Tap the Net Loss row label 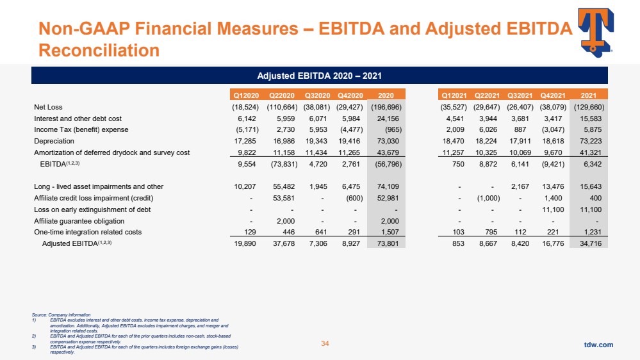tap(49, 107)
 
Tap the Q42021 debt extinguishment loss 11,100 tap(554, 209)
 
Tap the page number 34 tap(324, 345)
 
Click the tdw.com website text tap(598, 345)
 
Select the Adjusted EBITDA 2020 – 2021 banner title tap(320, 76)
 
